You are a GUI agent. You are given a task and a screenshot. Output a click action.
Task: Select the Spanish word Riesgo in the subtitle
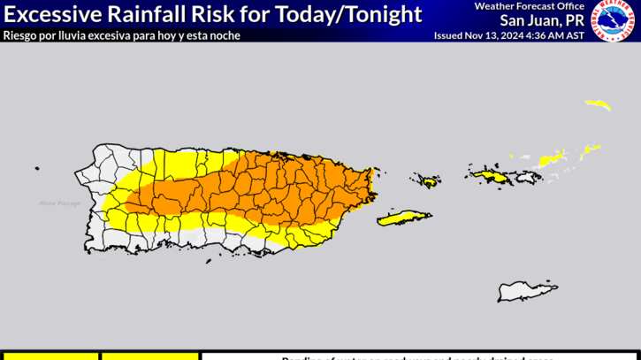coord(19,35)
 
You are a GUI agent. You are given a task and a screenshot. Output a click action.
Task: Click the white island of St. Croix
coord(528,291)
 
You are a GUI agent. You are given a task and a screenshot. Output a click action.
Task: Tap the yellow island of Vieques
coord(404,218)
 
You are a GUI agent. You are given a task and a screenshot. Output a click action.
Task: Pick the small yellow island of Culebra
coord(430,182)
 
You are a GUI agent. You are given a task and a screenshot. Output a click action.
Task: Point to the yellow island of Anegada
coord(598,104)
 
